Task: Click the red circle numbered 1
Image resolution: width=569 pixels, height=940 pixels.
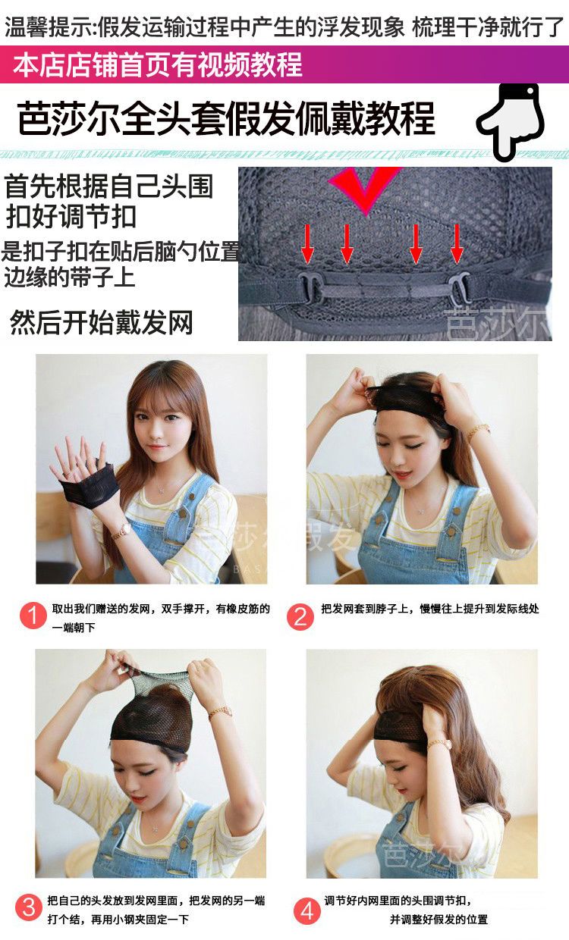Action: (33, 616)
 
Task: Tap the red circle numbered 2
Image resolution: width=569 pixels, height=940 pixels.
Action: (300, 616)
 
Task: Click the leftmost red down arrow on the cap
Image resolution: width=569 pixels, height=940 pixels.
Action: (308, 243)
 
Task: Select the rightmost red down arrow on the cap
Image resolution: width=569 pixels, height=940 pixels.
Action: (457, 243)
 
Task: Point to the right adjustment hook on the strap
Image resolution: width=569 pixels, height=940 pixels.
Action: (457, 287)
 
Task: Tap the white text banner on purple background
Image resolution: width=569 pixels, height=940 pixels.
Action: (157, 65)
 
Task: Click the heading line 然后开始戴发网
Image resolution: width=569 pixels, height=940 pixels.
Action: (101, 322)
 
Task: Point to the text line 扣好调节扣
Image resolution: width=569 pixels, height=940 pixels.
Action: (71, 217)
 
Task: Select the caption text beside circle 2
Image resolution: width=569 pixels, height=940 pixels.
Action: (429, 609)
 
